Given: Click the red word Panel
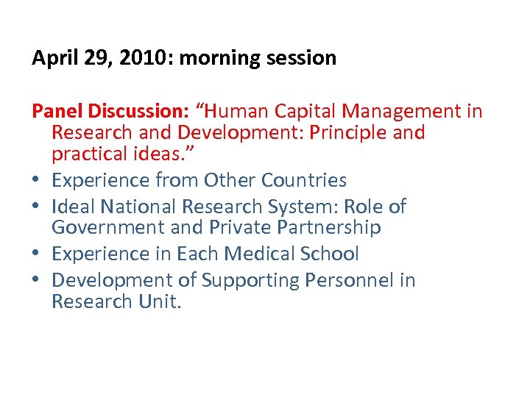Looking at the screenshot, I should coord(57,111).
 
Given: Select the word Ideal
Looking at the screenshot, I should coord(75,207).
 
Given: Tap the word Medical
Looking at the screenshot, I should coord(262,254).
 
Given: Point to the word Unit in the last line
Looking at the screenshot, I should coord(160,302).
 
